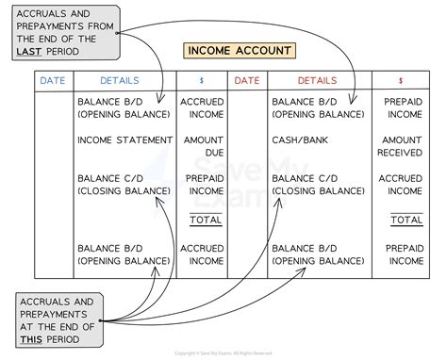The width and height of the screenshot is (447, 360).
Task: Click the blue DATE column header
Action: tap(53, 81)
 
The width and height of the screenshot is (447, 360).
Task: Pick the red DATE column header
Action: tap(247, 81)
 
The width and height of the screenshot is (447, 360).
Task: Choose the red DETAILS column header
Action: tap(317, 81)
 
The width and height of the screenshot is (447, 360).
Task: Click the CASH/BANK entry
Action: tap(300, 139)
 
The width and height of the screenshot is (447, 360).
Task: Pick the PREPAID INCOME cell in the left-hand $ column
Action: tap(205, 185)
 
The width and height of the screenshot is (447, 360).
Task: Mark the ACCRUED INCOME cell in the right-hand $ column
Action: tap(400, 185)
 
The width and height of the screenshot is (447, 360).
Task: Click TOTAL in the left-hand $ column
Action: tap(205, 220)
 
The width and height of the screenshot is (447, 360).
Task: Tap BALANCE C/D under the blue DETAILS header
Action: tap(110, 179)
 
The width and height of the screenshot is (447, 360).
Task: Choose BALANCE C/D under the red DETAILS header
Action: tap(306, 179)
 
